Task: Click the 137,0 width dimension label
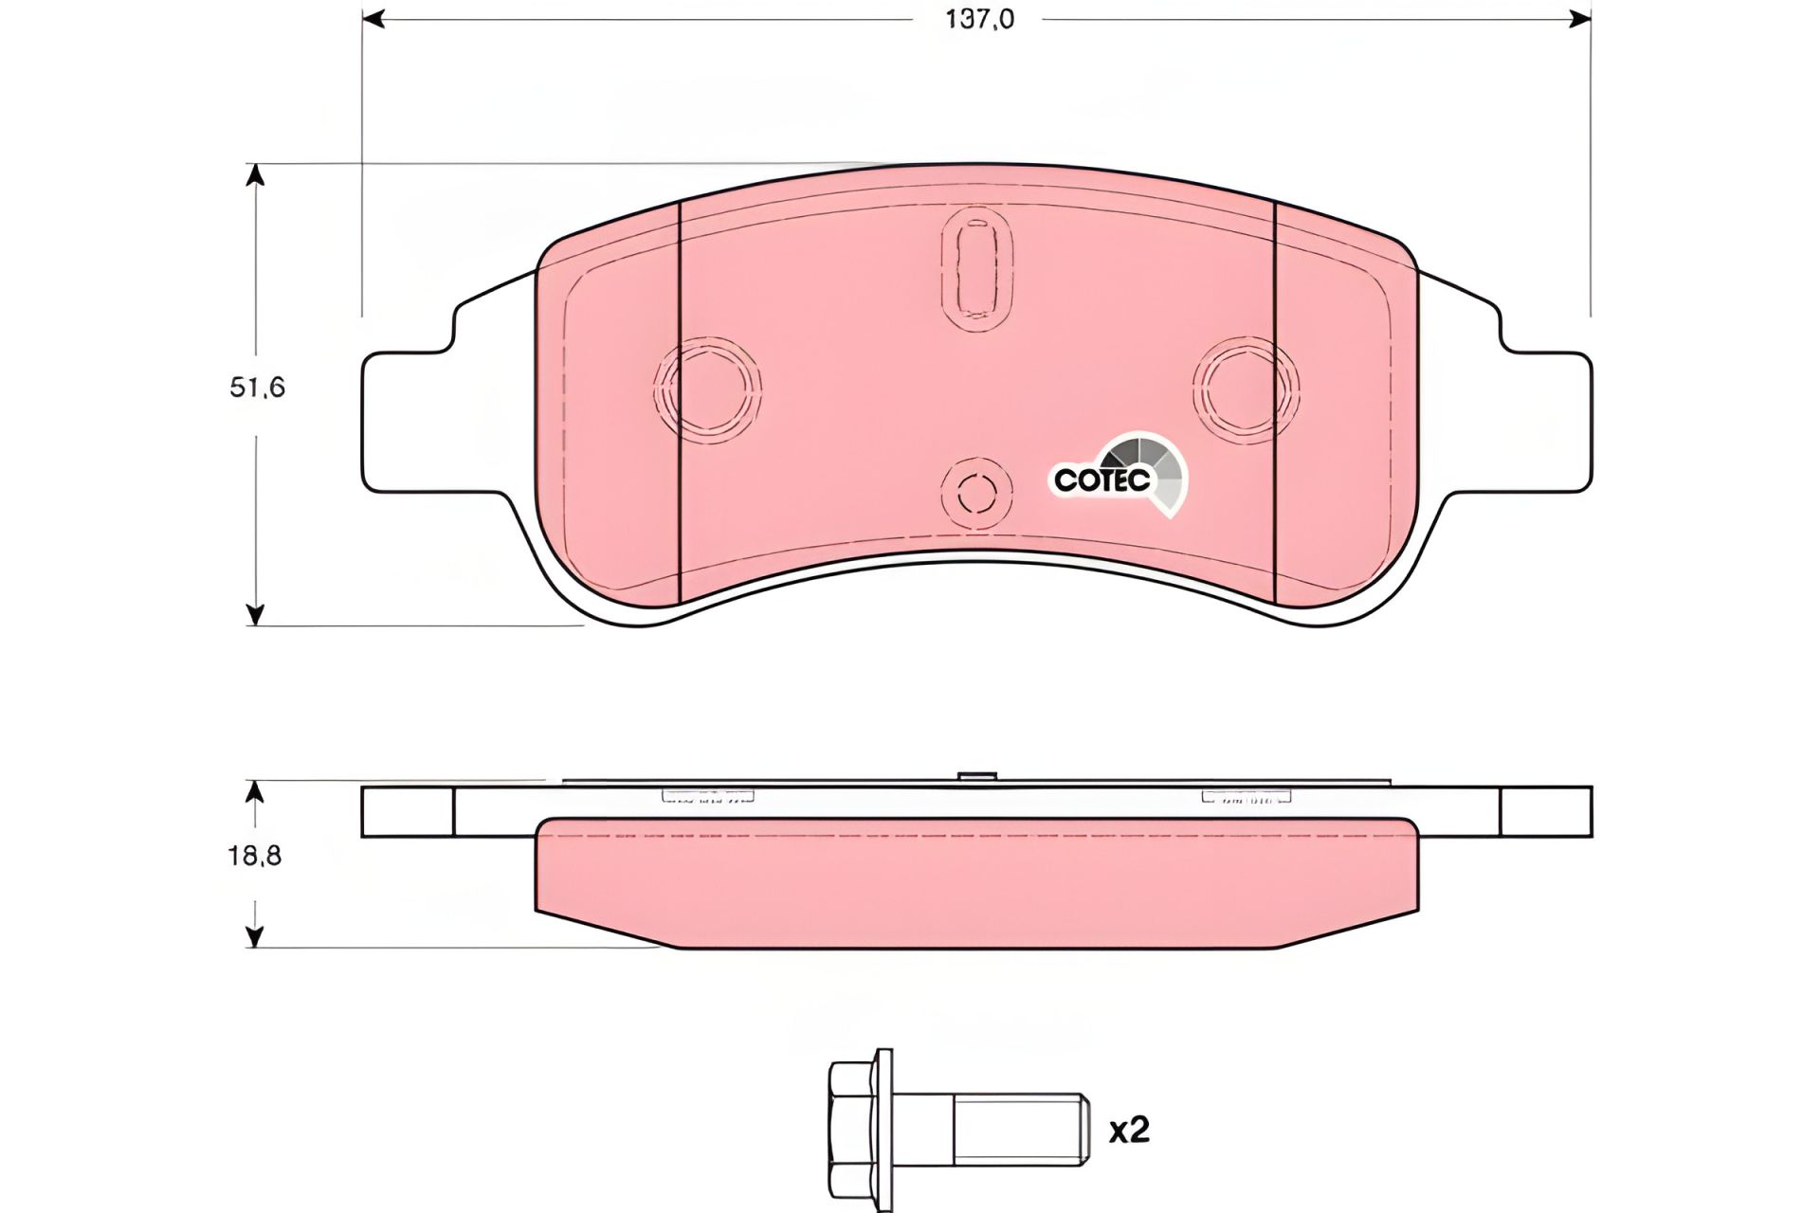point(979,19)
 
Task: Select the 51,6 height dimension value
point(257,388)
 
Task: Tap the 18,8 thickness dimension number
point(254,856)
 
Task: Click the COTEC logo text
point(1102,480)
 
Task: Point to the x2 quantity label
point(1129,1130)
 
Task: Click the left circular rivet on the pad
point(707,388)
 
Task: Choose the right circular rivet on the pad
point(1247,388)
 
